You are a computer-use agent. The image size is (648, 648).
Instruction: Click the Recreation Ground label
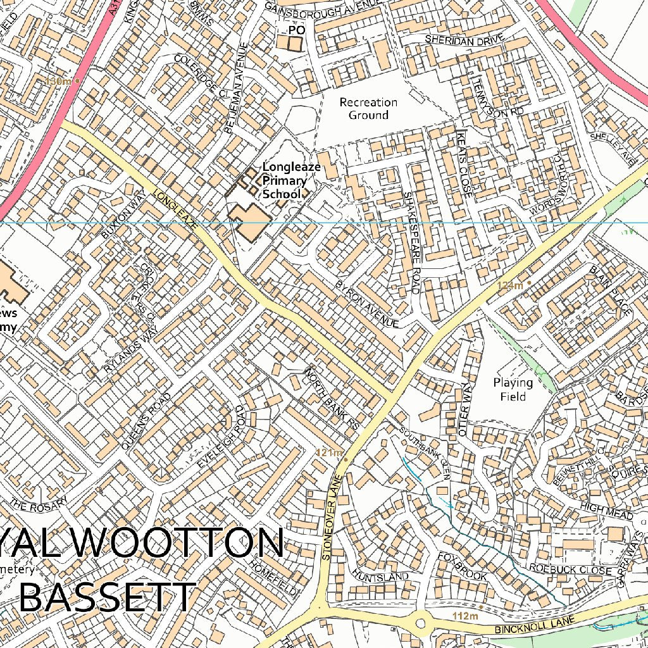pyautogui.click(x=368, y=109)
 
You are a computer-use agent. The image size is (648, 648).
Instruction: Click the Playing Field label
pyautogui.click(x=513, y=389)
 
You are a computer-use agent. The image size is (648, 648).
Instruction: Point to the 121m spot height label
pyautogui.click(x=329, y=452)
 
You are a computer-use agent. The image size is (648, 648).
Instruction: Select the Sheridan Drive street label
pyautogui.click(x=464, y=39)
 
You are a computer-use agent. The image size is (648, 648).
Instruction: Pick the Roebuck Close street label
pyautogui.click(x=571, y=570)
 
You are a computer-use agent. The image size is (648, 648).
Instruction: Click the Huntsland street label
pyautogui.click(x=381, y=576)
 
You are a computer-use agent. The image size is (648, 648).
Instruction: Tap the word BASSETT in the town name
pyautogui.click(x=106, y=598)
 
